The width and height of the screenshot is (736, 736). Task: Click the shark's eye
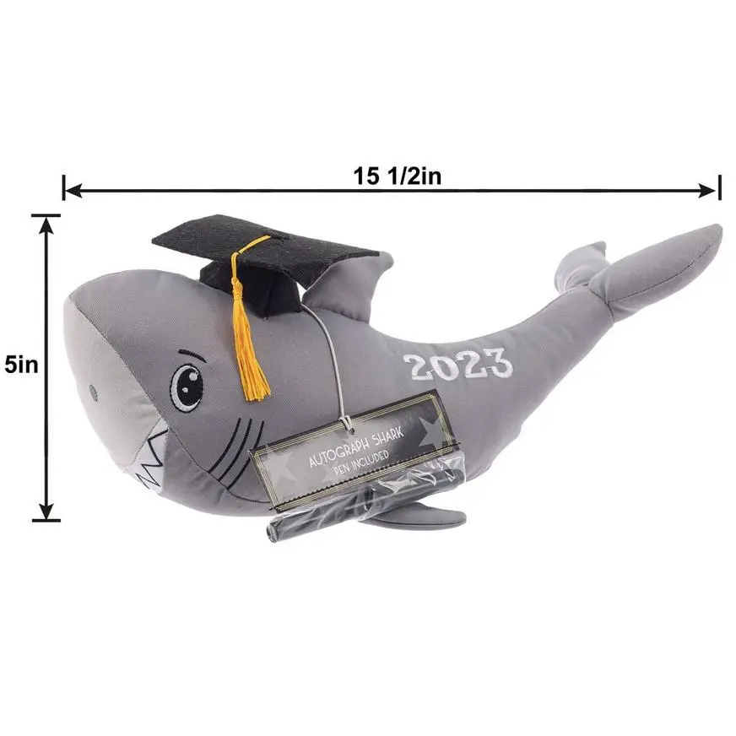[x=187, y=387]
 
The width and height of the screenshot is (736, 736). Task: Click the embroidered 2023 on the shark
[x=457, y=365]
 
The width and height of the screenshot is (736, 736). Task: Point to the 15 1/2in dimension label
[x=397, y=176]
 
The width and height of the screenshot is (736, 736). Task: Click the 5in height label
[x=22, y=365]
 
